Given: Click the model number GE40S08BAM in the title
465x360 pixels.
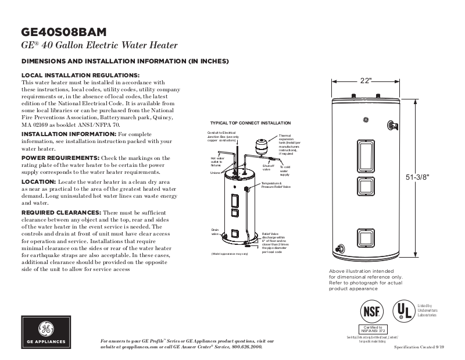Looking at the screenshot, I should [64, 32].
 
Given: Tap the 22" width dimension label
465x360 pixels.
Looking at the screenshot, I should [365, 81].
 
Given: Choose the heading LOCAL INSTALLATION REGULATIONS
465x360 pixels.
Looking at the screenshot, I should [80, 76].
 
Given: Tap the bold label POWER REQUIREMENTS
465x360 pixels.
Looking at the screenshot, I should [60, 158].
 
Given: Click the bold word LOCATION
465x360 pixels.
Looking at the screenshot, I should [38, 182].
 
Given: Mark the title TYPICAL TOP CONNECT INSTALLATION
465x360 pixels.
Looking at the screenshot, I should [250, 124].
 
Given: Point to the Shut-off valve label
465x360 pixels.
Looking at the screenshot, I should [268, 167].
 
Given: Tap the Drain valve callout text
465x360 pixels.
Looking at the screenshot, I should [214, 232].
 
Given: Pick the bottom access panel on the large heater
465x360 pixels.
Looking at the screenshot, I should [365, 238].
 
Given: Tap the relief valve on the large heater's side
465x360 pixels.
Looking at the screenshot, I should [393, 125].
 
